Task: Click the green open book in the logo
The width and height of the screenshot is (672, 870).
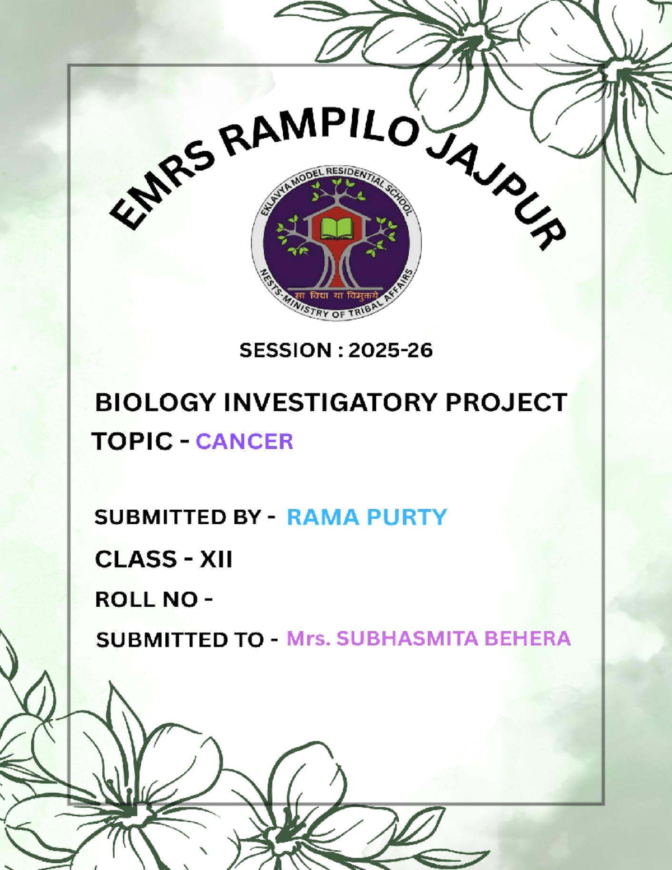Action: coord(335,229)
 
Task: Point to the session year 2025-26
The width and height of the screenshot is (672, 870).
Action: coord(390,351)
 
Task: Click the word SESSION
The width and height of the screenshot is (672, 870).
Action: coord(286,351)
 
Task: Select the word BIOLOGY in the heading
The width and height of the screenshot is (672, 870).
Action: coord(155,403)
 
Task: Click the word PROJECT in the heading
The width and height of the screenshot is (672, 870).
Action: coord(506,403)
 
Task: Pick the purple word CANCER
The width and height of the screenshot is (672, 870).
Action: coord(244,442)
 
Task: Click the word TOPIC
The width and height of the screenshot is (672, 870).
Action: coord(133,442)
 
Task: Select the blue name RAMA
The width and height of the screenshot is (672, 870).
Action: coord(323,517)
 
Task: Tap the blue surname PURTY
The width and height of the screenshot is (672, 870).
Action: coord(407,517)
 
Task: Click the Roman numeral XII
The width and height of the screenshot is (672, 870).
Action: coord(216,560)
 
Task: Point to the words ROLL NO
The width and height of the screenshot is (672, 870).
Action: coord(147,600)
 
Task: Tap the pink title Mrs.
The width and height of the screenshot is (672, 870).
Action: coord(307,639)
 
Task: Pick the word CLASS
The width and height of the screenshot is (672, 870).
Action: coord(136,560)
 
